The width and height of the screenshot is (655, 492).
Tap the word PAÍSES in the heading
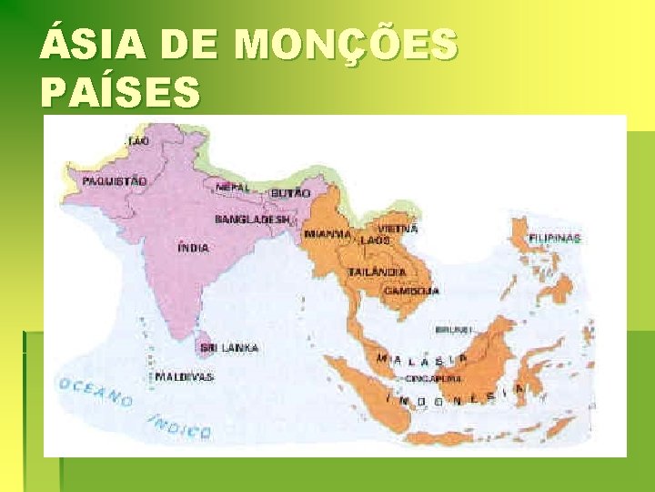coord(120,93)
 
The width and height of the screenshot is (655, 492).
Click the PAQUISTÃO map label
coord(114,181)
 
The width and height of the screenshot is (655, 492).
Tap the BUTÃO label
coord(290,193)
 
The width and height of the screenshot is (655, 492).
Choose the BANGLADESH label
coord(253,220)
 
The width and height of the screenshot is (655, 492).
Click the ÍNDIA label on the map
coord(193,247)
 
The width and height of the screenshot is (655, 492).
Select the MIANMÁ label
coord(328,233)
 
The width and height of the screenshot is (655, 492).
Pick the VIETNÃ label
coord(399,229)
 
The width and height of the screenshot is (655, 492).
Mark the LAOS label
coord(375,240)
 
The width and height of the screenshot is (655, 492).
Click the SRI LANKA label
coord(230,348)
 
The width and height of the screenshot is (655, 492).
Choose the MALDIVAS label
coord(184,375)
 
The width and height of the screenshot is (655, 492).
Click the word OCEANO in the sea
coord(96,392)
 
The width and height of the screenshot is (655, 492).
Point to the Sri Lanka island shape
coord(207,347)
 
